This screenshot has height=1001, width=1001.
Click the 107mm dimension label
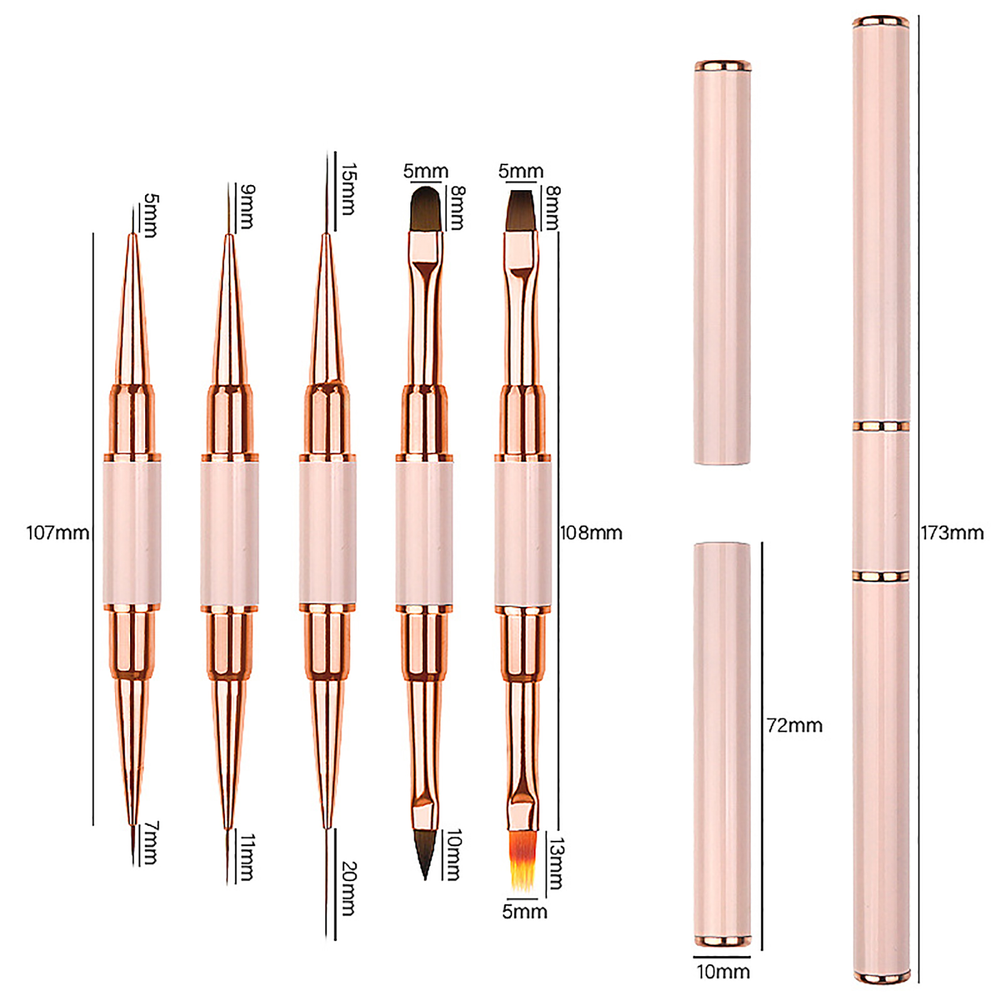(58, 533)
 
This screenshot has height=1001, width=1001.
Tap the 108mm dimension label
(591, 533)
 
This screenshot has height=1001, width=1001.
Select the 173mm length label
(952, 533)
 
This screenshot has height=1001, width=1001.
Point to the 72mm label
(795, 726)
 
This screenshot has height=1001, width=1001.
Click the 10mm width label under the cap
(723, 972)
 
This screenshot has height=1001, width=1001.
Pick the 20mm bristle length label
(349, 889)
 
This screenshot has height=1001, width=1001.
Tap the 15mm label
(348, 189)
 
